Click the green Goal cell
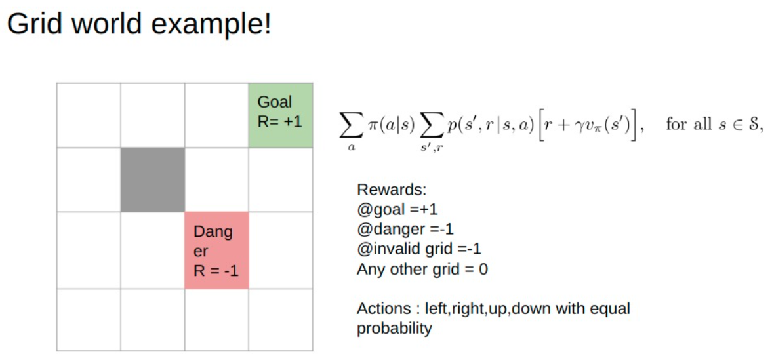point(281,115)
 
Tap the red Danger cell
point(216,250)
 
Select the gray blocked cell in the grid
point(153,179)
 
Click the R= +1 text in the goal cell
point(280,121)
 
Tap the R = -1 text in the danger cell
point(216,270)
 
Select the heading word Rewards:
point(392,190)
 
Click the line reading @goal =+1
point(397,210)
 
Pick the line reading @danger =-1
point(405,230)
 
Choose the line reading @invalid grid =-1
point(419,249)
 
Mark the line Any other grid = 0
point(422,269)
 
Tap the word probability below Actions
point(394,329)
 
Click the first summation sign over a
point(351,125)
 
